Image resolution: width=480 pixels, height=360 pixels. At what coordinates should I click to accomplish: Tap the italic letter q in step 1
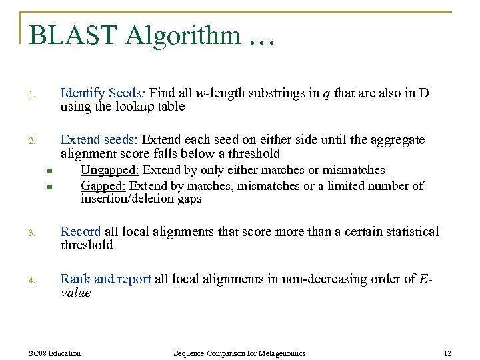(x=326, y=94)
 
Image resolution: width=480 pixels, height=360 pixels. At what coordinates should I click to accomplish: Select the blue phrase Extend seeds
(x=99, y=140)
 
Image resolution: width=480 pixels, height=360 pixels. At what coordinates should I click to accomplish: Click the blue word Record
(x=80, y=232)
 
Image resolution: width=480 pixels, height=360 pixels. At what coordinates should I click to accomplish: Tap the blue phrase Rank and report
(x=106, y=279)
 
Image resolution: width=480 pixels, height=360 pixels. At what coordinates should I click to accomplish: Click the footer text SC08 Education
(x=55, y=353)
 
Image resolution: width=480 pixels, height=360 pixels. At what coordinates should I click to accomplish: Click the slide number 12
(x=447, y=353)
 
